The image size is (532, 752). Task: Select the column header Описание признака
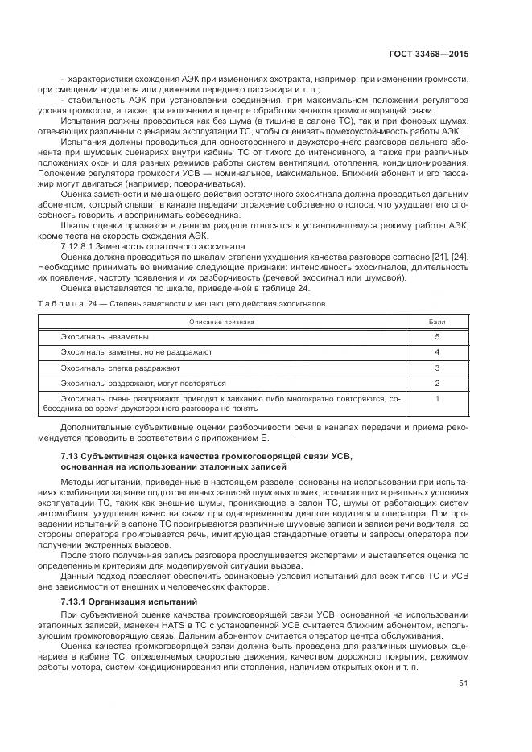tap(221, 321)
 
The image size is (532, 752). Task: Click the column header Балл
tap(436, 321)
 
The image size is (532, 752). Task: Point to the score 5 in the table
tap(436, 336)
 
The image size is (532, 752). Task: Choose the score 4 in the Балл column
tap(436, 351)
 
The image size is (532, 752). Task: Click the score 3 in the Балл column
tap(436, 367)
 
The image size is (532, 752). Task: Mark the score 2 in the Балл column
tap(436, 382)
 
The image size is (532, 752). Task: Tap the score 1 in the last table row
tap(436, 397)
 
